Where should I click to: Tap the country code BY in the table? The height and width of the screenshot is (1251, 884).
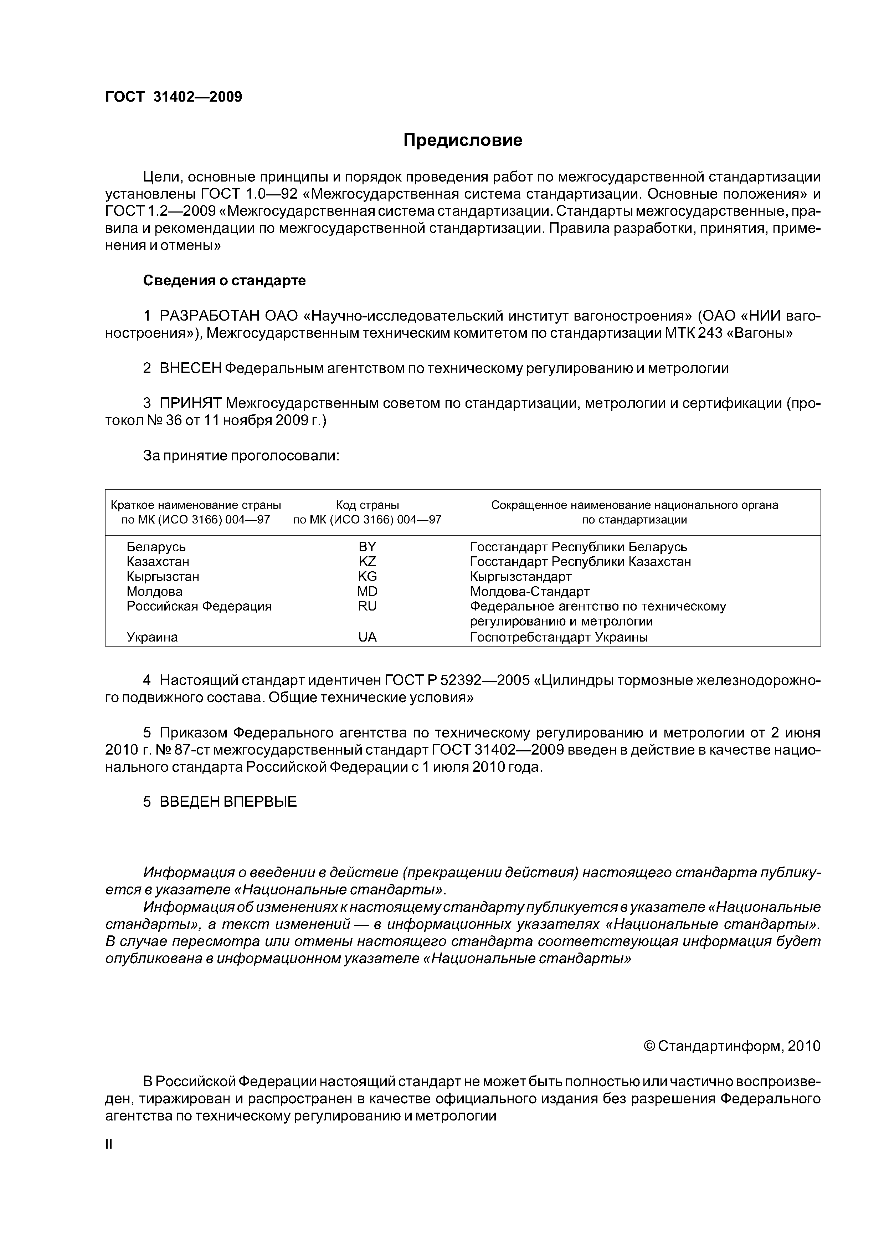(367, 546)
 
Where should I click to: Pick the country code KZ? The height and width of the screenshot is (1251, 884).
(367, 561)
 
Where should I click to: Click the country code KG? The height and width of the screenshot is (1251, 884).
(367, 576)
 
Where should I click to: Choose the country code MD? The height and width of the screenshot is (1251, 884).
(367, 591)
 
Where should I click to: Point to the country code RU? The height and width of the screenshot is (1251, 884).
(367, 607)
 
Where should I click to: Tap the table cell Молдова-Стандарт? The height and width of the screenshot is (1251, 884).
(529, 591)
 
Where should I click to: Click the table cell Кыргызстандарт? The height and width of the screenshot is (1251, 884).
(521, 576)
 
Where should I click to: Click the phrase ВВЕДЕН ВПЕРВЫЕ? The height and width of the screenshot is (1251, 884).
(228, 802)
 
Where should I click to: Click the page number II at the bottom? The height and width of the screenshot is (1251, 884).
(108, 1144)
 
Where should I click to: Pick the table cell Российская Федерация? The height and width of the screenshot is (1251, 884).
(199, 607)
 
